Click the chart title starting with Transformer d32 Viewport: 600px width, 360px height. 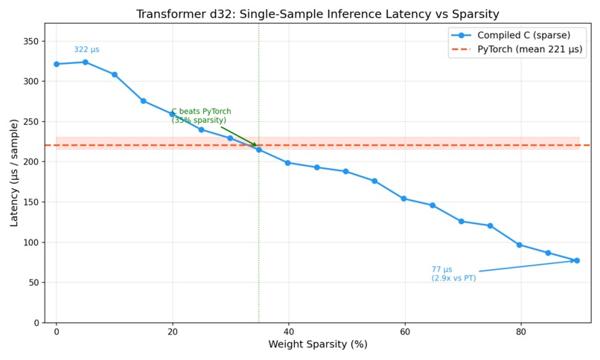pyautogui.click(x=318, y=14)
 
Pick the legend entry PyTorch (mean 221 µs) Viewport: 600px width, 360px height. pyautogui.click(x=530, y=50)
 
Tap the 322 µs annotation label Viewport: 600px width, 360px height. pyautogui.click(x=86, y=50)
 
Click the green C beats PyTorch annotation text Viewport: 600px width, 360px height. pyautogui.click(x=201, y=116)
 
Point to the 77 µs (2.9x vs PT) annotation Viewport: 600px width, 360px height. pyautogui.click(x=453, y=274)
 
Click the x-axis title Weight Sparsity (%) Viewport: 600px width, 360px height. pyautogui.click(x=318, y=344)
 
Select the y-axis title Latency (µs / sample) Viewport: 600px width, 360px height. pyautogui.click(x=14, y=173)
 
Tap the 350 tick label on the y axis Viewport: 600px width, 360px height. pyautogui.click(x=31, y=41)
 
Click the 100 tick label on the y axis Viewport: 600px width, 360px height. pyautogui.click(x=31, y=242)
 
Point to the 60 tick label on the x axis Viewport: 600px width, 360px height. pyautogui.click(x=404, y=330)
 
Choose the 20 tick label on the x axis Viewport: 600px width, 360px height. pyautogui.click(x=172, y=330)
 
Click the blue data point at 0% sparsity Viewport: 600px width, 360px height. pyautogui.click(x=57, y=64)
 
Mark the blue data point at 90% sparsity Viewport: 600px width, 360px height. pyautogui.click(x=577, y=260)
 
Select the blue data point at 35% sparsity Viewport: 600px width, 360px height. pyautogui.click(x=259, y=150)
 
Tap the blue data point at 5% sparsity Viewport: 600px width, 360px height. pyautogui.click(x=86, y=62)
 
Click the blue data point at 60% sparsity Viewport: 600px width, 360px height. pyautogui.click(x=403, y=199)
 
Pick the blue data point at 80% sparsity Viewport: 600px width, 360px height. pyautogui.click(x=520, y=245)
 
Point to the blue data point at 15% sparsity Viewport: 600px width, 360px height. pyautogui.click(x=143, y=101)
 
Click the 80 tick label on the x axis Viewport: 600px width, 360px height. pyautogui.click(x=520, y=330)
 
